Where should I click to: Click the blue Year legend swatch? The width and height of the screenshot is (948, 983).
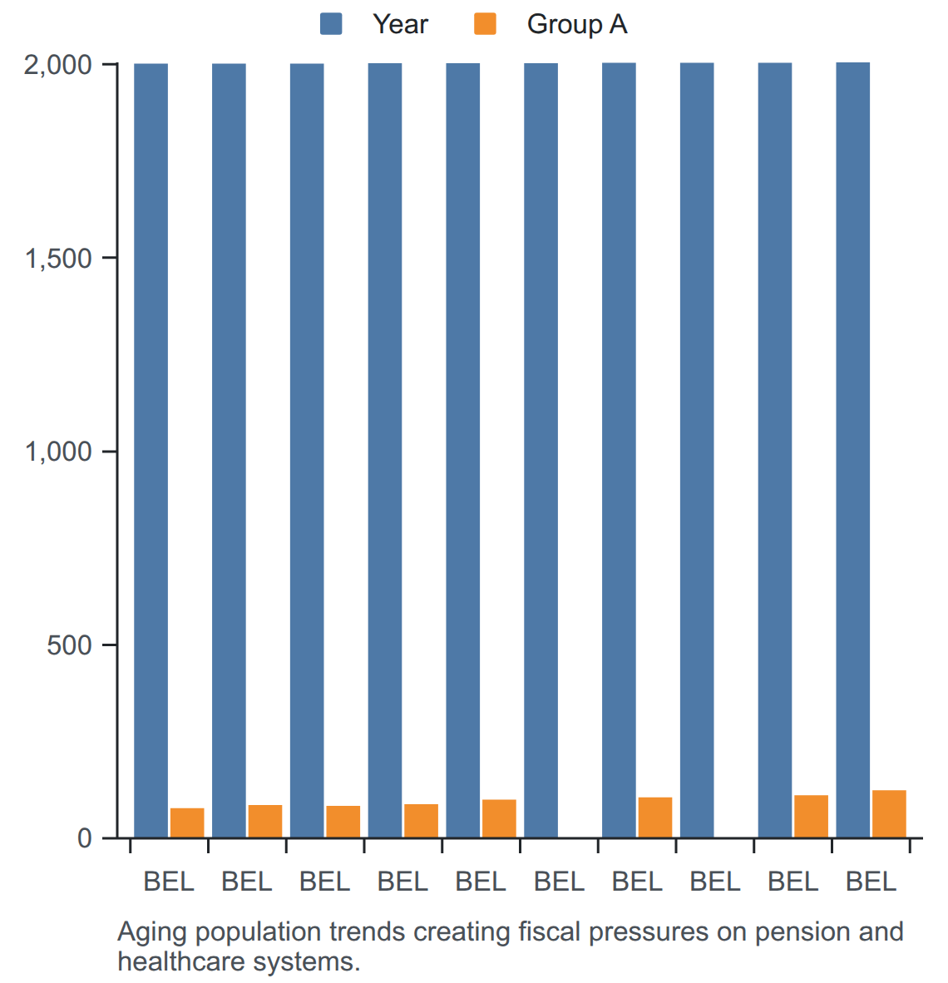[x=331, y=24]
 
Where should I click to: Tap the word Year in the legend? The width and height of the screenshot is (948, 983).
[x=401, y=24]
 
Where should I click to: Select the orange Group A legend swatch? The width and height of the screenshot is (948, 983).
[x=486, y=24]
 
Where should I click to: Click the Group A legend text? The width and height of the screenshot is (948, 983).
[x=577, y=24]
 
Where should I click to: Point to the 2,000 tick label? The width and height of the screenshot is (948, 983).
[x=57, y=65]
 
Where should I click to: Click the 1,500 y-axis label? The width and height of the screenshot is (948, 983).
[x=57, y=259]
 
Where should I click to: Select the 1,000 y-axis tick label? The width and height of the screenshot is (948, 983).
[x=57, y=452]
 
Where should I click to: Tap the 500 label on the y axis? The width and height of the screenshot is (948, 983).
[x=70, y=645]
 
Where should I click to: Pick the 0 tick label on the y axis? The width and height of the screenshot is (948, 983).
[x=85, y=838]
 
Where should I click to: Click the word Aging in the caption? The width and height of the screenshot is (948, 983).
[x=152, y=933]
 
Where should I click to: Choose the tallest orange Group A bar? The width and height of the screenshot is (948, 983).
[x=889, y=813]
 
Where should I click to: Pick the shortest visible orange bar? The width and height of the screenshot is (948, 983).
[x=187, y=823]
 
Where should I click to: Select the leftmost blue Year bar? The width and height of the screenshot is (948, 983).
[x=151, y=451]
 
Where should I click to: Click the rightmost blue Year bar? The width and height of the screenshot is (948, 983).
[x=852, y=450]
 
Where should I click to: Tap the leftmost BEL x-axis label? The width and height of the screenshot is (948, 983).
[x=169, y=882]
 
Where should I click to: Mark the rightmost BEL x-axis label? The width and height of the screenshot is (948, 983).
[x=871, y=882]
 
